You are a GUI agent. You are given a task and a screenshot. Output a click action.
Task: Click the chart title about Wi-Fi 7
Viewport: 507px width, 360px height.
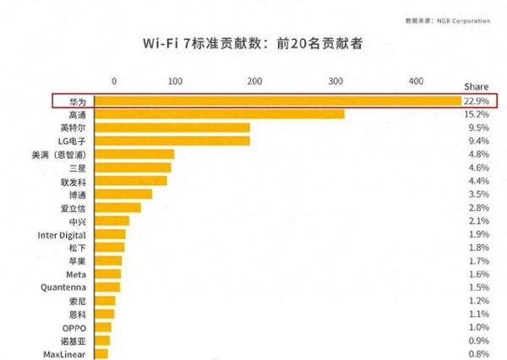(253, 43)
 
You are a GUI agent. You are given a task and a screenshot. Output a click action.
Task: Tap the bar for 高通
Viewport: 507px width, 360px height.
(220, 114)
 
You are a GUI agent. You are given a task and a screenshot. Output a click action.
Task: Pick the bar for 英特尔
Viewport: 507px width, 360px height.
(172, 128)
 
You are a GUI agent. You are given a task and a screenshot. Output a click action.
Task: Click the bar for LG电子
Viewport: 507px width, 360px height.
(172, 141)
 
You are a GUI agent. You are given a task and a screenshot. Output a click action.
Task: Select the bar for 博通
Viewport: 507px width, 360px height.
(123, 194)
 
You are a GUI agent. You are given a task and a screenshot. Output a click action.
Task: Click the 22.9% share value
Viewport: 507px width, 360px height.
(476, 101)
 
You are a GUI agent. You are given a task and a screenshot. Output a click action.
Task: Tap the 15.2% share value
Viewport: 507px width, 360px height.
(476, 114)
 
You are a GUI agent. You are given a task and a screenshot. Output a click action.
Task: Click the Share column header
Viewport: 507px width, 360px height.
(476, 86)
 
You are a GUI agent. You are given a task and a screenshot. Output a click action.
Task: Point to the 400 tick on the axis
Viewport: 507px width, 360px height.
(415, 81)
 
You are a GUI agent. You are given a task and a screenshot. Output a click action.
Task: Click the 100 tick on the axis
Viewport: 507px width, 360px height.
(175, 81)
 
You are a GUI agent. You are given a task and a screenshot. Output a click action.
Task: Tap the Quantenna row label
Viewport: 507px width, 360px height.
(64, 287)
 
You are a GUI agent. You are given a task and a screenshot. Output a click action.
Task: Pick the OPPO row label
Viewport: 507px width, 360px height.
(74, 327)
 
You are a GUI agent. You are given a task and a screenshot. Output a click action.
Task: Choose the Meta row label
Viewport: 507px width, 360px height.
(75, 274)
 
